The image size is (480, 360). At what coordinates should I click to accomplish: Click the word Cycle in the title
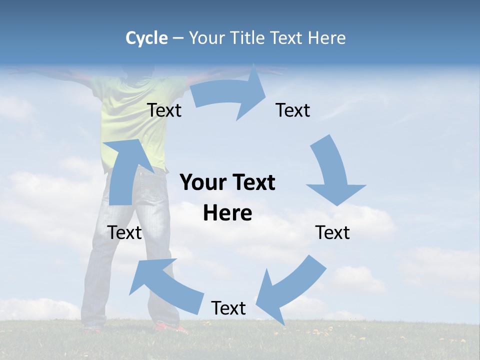(146, 38)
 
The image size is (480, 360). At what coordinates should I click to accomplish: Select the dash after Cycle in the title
(178, 38)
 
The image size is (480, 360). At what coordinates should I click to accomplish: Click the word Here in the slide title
(326, 38)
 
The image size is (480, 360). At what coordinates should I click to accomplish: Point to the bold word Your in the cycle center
(201, 182)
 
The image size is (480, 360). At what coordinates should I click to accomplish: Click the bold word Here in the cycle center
(227, 213)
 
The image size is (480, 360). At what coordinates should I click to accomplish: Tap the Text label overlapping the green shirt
(164, 110)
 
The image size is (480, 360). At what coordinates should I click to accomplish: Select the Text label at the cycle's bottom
(228, 308)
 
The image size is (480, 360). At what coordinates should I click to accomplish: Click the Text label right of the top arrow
(293, 110)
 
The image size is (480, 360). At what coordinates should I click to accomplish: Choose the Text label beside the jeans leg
(125, 232)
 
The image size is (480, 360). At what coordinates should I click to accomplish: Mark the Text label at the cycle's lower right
(332, 232)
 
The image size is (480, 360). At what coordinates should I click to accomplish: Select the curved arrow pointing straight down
(332, 172)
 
